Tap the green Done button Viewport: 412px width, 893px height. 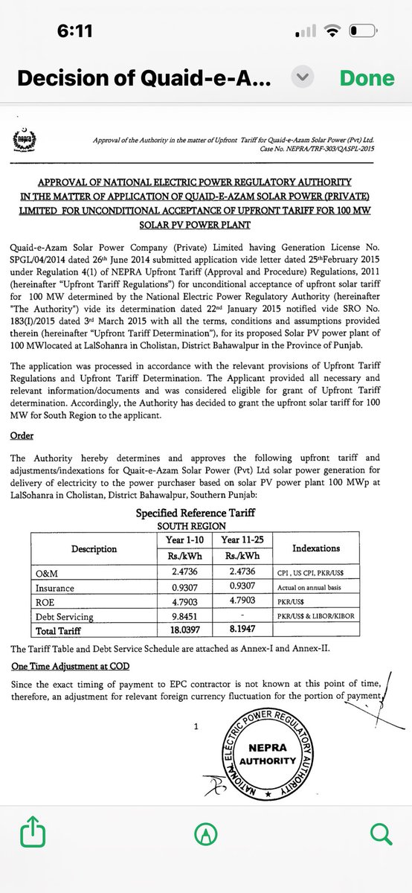click(x=367, y=78)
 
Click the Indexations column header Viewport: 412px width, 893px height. click(x=316, y=548)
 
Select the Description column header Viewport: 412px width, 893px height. click(x=94, y=548)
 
